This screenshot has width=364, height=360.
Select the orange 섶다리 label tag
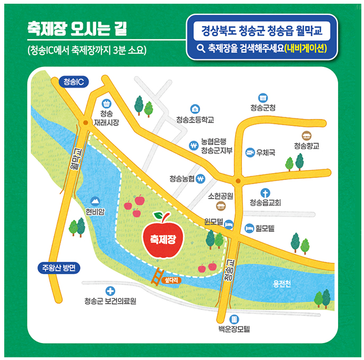[173, 278]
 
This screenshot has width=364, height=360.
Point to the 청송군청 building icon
[263, 98]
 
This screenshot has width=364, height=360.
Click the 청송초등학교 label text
[195, 120]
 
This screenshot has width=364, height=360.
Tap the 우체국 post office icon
[249, 153]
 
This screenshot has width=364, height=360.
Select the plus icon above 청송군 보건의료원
[110, 290]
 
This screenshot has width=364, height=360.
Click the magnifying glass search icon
[201, 48]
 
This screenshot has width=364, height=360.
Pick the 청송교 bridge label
[229, 271]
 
